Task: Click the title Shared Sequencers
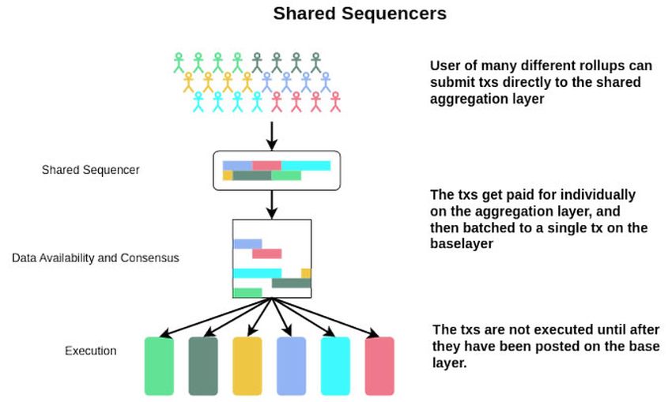[x=360, y=13]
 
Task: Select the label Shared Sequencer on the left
[x=90, y=169]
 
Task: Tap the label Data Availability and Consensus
[x=96, y=257]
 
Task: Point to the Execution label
[x=90, y=351]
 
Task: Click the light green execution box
[x=159, y=365]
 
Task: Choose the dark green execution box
[x=202, y=365]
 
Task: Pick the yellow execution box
[x=247, y=365]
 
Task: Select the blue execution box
[x=291, y=365]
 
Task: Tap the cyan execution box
[x=334, y=365]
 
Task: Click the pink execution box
[x=379, y=365]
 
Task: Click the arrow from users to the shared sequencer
[x=272, y=133]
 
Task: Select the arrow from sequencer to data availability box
[x=272, y=204]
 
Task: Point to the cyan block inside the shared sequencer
[x=305, y=165]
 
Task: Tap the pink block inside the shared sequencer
[x=266, y=165]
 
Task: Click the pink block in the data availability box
[x=266, y=254]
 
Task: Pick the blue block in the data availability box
[x=247, y=244]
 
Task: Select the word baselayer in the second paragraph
[x=462, y=244]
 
